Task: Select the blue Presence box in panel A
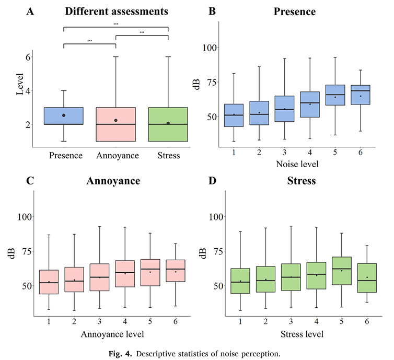tap(64, 115)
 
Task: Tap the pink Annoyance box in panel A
tap(115, 124)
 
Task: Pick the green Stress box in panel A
tap(168, 124)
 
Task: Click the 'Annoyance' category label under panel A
tap(115, 155)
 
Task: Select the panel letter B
tap(212, 10)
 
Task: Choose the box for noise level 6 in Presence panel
tap(361, 95)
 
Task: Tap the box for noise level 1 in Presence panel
tap(234, 115)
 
